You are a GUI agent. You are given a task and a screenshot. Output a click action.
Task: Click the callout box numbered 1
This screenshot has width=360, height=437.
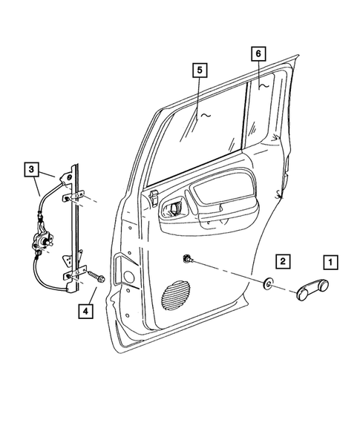329,261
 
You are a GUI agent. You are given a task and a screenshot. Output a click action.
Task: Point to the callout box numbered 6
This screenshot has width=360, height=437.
258,53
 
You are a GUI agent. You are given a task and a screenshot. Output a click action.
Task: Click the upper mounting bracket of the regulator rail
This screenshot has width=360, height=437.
68,178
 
